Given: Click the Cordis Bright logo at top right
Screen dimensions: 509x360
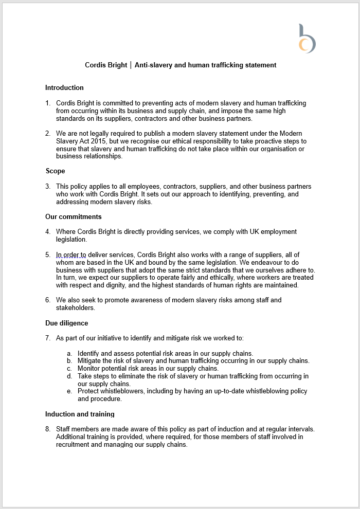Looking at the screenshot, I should point(307,39).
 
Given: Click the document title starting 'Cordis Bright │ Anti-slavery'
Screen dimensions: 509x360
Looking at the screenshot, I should point(181,65).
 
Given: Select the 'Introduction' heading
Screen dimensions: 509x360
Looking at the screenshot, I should point(64,87).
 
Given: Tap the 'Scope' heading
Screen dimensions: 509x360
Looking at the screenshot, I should point(55,171).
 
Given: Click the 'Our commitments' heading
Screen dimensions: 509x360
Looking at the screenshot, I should point(73,216).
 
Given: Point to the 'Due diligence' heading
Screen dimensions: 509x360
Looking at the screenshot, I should point(66,323).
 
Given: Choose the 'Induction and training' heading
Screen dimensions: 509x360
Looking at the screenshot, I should point(80,414).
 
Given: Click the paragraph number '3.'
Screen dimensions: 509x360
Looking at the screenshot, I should point(48,187).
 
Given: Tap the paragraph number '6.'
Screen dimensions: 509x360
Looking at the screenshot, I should point(48,300).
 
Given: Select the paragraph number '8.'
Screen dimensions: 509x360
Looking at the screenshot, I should point(48,429).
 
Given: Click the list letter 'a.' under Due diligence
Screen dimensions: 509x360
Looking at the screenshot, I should point(69,353).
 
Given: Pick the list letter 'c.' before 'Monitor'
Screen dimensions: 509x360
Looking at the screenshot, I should point(69,369).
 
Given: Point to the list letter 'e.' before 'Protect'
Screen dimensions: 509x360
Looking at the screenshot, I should point(69,391).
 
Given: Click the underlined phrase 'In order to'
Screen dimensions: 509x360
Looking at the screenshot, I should point(72,255).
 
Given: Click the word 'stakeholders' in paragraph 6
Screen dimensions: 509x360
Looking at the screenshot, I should point(75,307).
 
